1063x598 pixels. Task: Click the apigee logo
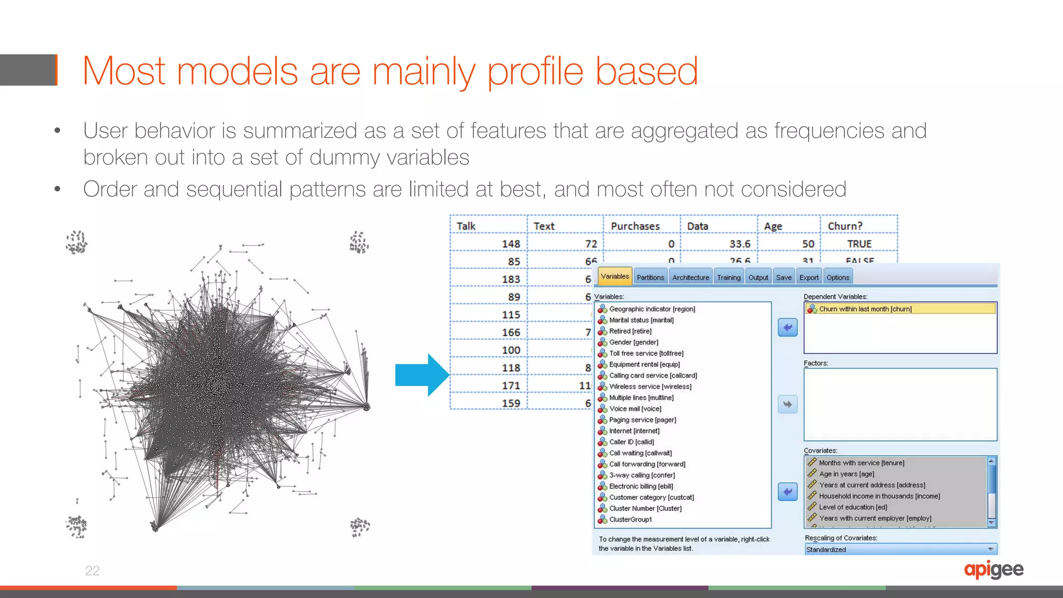[993, 570]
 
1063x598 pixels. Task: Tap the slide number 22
[92, 571]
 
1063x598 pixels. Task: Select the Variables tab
[615, 276]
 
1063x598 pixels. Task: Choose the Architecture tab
[690, 277]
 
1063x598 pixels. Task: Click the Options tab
[838, 277]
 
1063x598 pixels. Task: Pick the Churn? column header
[845, 226]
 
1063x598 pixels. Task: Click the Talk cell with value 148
[511, 244]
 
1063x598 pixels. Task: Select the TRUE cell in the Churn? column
[859, 244]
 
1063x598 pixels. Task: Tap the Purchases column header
[635, 226]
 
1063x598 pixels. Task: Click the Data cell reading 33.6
[740, 244]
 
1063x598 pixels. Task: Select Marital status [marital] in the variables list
[641, 320]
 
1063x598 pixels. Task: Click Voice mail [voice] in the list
[635, 409]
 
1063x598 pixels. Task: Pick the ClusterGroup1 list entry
[630, 519]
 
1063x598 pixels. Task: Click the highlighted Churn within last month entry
[865, 309]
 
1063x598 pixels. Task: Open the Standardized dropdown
[900, 549]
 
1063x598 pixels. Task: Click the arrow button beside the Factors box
[787, 404]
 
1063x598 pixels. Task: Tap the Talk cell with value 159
[511, 403]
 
